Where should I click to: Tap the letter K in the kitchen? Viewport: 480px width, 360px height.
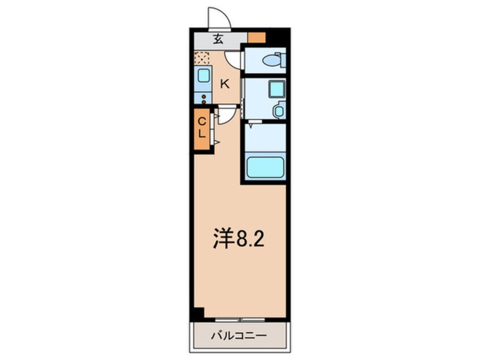point(225,84)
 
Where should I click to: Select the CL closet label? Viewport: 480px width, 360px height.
point(201,128)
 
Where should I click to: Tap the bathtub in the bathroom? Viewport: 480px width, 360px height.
point(266,167)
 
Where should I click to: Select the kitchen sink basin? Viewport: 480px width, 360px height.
point(202,76)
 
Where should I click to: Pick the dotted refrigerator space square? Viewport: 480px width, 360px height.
point(201,57)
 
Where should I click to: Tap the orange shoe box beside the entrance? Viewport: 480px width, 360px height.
point(256,38)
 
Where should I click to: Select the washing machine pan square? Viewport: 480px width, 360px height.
point(276,89)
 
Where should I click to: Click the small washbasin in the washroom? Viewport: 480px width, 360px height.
point(278,111)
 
